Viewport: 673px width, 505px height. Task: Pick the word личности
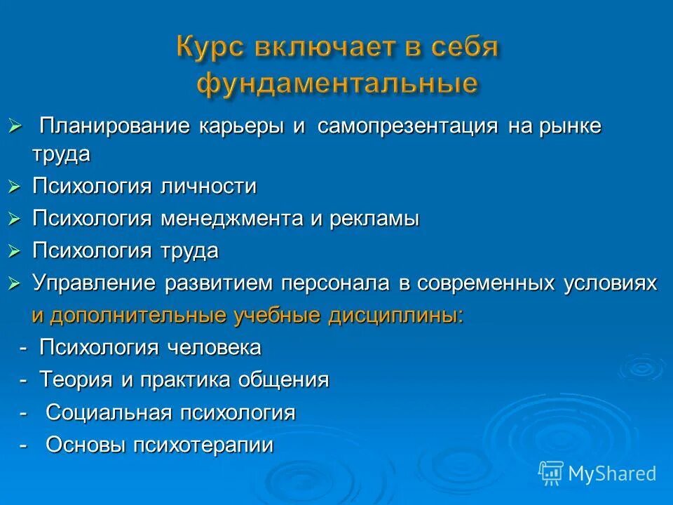208,187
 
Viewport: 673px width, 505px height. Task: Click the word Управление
96,283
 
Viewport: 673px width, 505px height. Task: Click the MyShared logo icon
551,473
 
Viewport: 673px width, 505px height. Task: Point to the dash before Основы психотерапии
25,445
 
